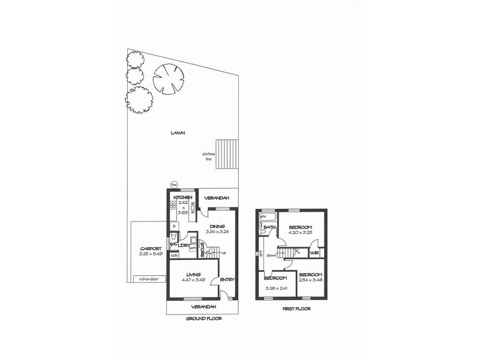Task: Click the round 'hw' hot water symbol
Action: coord(175,185)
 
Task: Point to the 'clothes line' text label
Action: coord(209,157)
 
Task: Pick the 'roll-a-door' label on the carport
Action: coord(147,278)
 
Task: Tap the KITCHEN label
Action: coord(182,197)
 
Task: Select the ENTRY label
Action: coord(227,280)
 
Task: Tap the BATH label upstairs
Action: coord(269,227)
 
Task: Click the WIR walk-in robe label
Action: coord(314,254)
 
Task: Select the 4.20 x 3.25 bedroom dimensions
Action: coord(299,233)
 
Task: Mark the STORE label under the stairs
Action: coord(202,248)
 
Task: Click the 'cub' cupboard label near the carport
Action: coord(174,256)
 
